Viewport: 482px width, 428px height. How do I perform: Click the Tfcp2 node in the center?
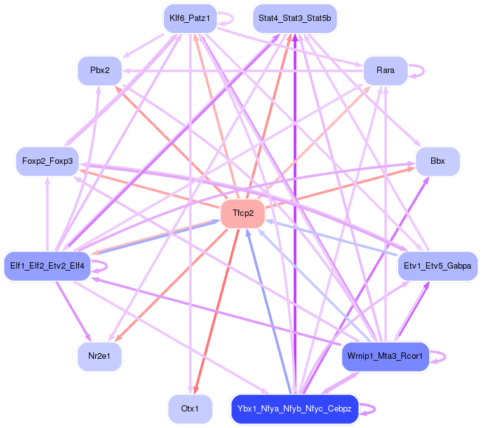click(242, 213)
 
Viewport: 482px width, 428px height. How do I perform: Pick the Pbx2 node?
click(100, 70)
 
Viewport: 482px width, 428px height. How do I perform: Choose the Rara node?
click(385, 70)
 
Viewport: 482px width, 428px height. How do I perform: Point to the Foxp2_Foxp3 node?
click(47, 161)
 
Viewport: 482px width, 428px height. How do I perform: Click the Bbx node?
click(438, 161)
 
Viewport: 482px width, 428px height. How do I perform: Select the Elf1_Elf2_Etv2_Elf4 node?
click(48, 265)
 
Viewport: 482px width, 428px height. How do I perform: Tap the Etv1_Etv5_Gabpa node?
click(438, 265)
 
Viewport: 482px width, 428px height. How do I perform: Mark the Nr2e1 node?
click(100, 356)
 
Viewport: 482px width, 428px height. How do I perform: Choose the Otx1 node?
click(190, 409)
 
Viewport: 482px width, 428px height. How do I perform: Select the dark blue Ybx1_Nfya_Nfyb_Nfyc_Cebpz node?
click(295, 409)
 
